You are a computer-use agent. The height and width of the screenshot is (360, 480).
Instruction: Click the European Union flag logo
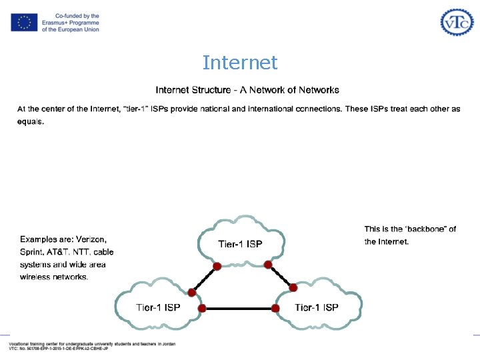pos(24,23)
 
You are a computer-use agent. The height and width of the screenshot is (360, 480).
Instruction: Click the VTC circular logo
pos(457,22)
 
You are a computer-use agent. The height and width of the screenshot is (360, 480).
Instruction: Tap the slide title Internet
pos(240,63)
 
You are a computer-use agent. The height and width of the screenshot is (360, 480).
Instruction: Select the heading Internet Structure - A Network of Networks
pos(247,90)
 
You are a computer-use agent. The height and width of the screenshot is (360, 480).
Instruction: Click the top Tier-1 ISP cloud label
pos(241,244)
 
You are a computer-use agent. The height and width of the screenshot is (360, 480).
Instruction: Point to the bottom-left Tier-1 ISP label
pos(158,307)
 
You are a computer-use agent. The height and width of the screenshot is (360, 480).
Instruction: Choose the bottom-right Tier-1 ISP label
pos(317,307)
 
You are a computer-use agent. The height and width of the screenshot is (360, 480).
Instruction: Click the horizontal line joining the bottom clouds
pos(239,309)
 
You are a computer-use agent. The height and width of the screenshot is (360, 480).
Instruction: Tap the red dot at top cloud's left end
pos(217,267)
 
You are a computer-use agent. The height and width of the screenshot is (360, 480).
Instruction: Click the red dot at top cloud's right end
pos(268,265)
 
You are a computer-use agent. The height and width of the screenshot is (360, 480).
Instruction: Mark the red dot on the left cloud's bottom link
pos(202,309)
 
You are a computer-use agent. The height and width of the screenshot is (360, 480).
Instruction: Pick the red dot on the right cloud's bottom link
pos(275,309)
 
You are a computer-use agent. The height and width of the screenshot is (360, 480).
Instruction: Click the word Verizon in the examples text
pos(91,239)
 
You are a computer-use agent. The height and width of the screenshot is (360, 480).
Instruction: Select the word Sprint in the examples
pos(33,252)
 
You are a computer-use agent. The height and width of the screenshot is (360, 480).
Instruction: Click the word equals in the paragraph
pos(31,122)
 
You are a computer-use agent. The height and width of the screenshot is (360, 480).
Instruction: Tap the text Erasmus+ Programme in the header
pos(70,23)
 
